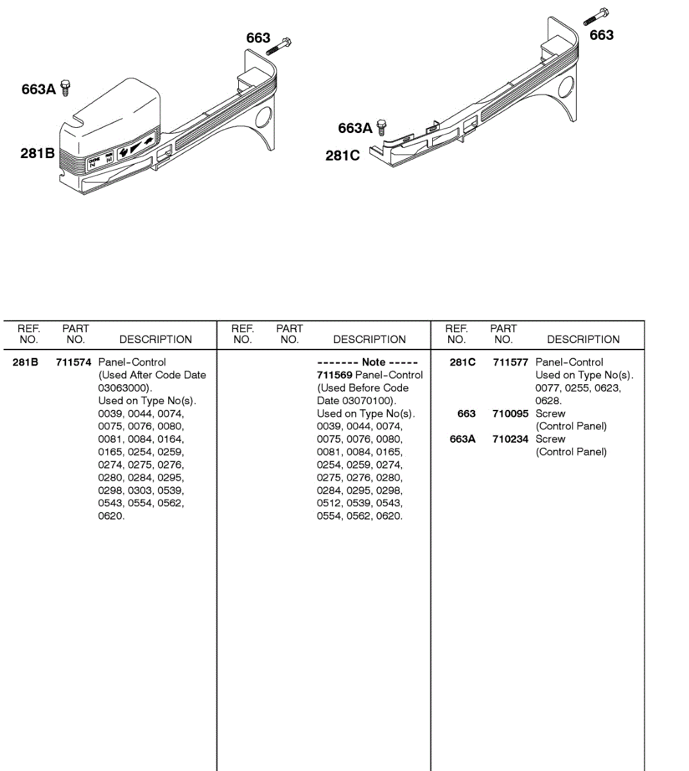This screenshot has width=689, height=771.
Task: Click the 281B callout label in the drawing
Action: tap(37, 153)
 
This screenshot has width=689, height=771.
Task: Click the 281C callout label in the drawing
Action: tap(342, 155)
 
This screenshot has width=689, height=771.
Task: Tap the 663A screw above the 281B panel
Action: tap(65, 87)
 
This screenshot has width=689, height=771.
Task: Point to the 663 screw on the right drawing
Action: tap(597, 17)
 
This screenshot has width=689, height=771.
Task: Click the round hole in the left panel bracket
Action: tap(263, 118)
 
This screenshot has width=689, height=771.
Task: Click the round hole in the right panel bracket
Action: tap(566, 88)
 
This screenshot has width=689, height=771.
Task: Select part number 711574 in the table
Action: tap(74, 362)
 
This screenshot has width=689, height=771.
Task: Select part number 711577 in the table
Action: tap(510, 362)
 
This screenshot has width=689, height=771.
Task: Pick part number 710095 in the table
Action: tap(510, 414)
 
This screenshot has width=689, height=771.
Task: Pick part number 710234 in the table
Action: tap(510, 439)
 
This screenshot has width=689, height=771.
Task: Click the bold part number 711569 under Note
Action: tap(335, 375)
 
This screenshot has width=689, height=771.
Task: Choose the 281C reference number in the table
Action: tap(462, 362)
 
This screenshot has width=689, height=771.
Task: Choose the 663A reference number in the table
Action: tap(462, 439)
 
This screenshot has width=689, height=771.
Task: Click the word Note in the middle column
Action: tap(374, 362)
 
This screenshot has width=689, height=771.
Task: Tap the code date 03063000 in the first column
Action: tap(123, 388)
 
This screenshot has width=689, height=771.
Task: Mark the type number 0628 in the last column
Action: tap(547, 401)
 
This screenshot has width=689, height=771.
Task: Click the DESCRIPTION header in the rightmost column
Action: tap(583, 339)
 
